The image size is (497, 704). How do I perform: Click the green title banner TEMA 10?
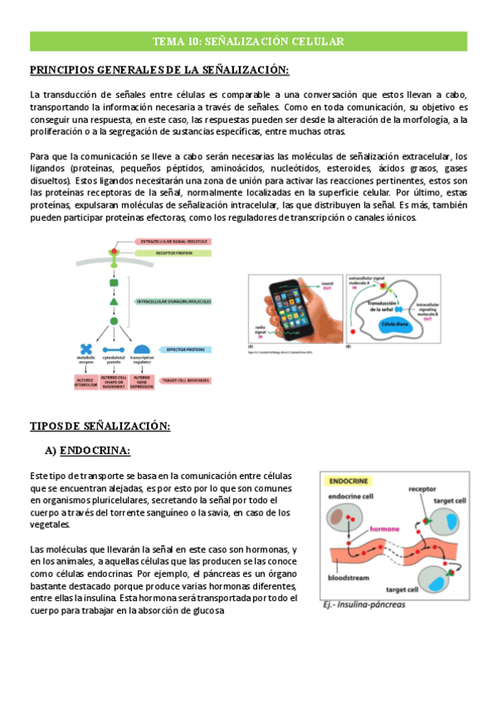[x=248, y=42]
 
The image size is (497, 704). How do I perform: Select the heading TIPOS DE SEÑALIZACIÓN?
[x=100, y=425]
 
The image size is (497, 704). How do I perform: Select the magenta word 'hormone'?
[x=387, y=528]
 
